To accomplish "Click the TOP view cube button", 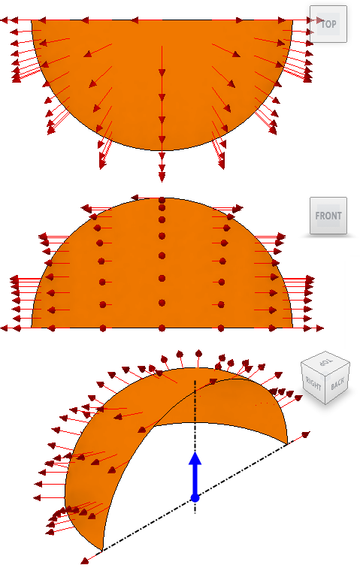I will (x=328, y=24).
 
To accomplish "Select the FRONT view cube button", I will (x=328, y=216).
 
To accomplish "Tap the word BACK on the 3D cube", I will (x=337, y=384).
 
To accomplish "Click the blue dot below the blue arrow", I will (x=195, y=497).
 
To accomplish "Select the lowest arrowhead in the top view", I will (x=162, y=177).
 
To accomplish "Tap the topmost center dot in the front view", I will (x=162, y=201).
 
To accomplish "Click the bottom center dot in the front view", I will (x=162, y=328).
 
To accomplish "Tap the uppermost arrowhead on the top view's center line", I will (x=162, y=72).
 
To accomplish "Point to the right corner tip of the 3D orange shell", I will (x=287, y=443).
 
